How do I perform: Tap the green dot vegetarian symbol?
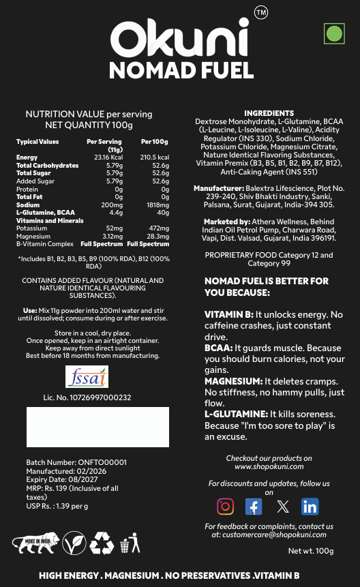[333, 33]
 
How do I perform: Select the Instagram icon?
[225, 507]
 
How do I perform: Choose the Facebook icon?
[253, 507]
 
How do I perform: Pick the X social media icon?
[282, 507]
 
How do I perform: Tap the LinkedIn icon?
[310, 507]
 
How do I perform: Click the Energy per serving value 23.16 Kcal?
[107, 157]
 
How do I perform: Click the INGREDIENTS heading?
[269, 113]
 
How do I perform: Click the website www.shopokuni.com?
[269, 467]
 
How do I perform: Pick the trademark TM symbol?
[260, 13]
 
